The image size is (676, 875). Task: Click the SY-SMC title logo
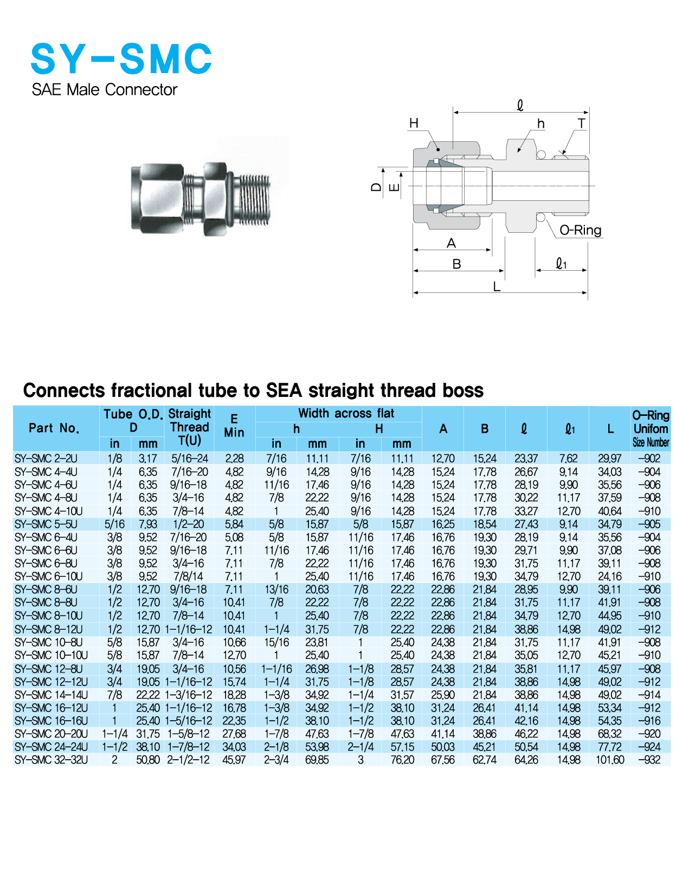click(x=121, y=58)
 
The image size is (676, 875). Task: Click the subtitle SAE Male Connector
click(x=104, y=89)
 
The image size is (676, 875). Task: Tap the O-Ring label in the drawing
click(x=580, y=230)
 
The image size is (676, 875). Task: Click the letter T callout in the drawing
click(x=581, y=123)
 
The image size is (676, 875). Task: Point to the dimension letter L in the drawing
click(x=497, y=286)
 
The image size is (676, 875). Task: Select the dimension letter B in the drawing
click(x=456, y=264)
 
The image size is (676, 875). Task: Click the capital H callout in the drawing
click(x=414, y=123)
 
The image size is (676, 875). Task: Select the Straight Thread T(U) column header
click(x=189, y=427)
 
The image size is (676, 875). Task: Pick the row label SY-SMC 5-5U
click(x=46, y=524)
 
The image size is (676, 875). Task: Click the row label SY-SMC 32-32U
click(x=51, y=760)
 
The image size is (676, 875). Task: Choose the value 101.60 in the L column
click(x=610, y=760)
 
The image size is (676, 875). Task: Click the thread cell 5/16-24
click(x=189, y=459)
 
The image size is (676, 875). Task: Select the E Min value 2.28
click(x=234, y=459)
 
